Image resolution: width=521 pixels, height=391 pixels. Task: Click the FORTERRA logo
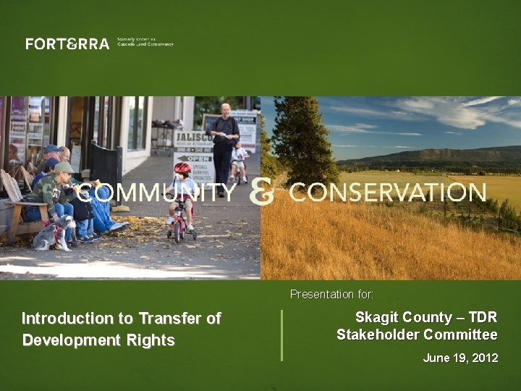click(x=67, y=44)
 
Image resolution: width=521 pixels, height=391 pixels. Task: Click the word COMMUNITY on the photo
click(x=156, y=193)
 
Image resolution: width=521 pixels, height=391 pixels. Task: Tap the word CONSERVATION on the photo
click(x=387, y=193)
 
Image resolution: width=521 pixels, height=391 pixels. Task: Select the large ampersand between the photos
click(x=262, y=193)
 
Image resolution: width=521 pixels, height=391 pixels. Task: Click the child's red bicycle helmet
click(x=182, y=168)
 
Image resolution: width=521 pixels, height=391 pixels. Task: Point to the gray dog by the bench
click(x=56, y=233)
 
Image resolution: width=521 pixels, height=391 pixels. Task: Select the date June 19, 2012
click(x=460, y=358)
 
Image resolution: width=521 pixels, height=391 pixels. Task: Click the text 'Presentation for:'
click(x=331, y=295)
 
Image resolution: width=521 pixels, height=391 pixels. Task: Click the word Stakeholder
click(x=378, y=335)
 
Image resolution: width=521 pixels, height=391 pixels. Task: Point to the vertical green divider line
click(x=281, y=335)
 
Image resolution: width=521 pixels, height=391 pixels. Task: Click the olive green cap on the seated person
click(x=64, y=167)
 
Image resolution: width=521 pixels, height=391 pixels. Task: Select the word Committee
click(x=460, y=335)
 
